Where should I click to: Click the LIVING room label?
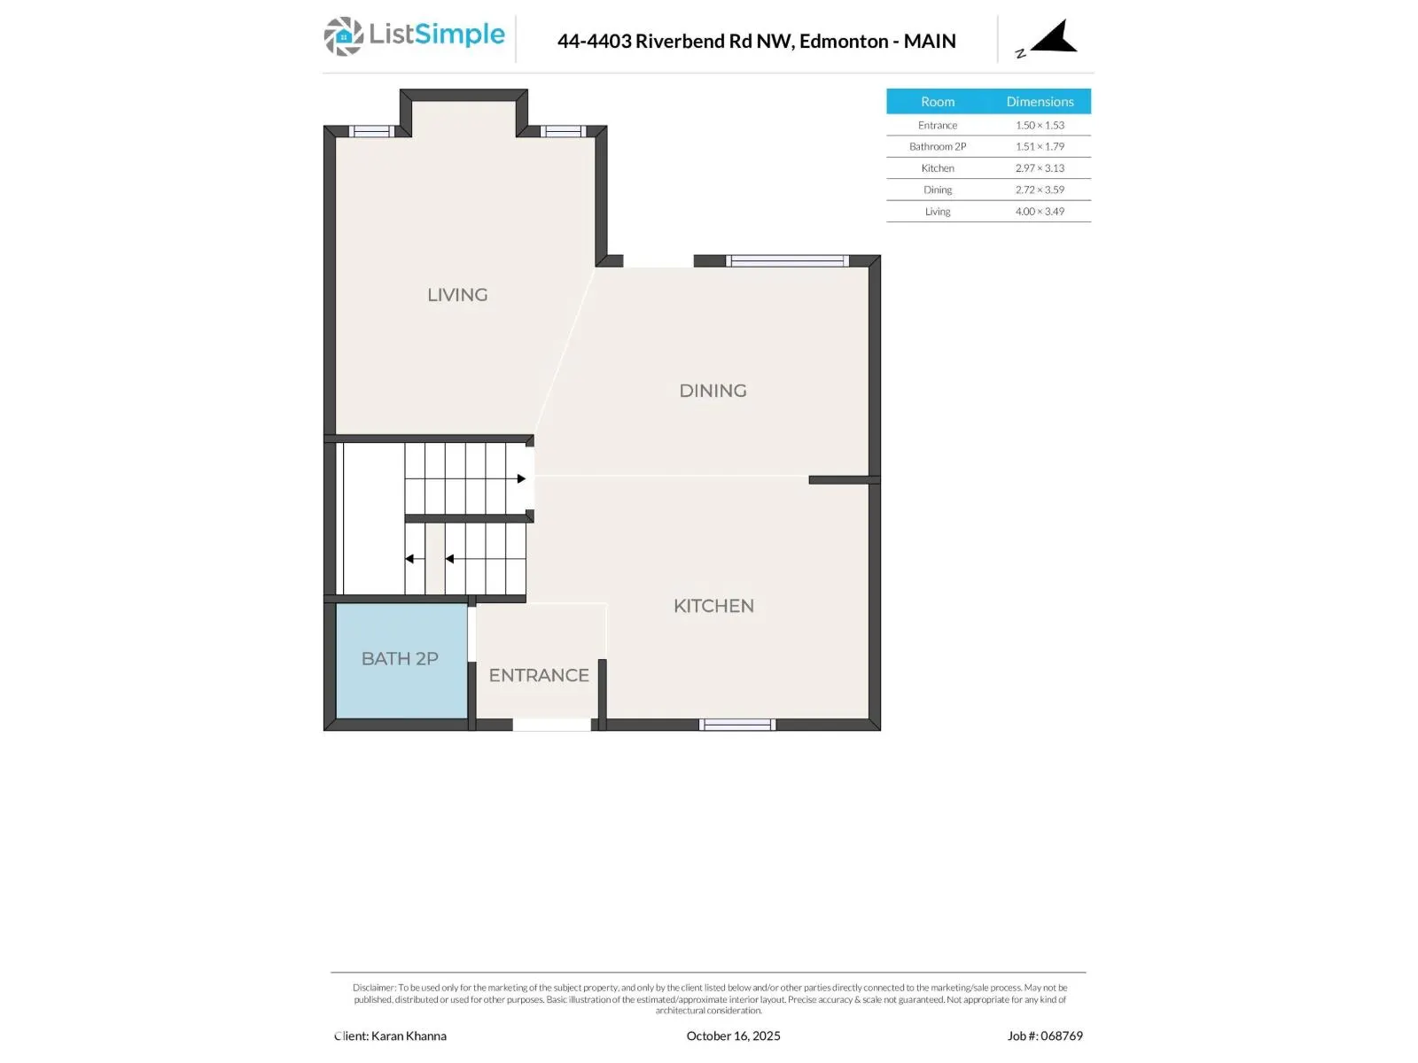click(457, 295)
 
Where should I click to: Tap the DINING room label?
click(713, 391)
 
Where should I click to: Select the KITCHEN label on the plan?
click(713, 606)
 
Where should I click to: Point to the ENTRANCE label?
click(539, 675)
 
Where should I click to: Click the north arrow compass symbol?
click(1053, 39)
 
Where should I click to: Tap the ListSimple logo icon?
click(343, 36)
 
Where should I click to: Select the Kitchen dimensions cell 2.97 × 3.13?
click(1040, 168)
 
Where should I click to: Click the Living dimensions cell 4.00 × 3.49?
click(1040, 212)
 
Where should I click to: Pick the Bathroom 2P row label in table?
click(938, 147)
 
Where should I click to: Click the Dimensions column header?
click(1040, 102)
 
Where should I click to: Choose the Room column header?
click(938, 102)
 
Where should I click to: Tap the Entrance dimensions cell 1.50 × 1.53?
click(1040, 126)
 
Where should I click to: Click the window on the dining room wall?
click(787, 261)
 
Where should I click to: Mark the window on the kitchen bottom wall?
click(737, 725)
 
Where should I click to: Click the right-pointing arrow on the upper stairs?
click(521, 479)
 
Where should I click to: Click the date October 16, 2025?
click(733, 1036)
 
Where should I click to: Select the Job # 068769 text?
click(1045, 1036)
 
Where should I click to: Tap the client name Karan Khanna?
click(409, 1036)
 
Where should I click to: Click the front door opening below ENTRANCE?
click(551, 725)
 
